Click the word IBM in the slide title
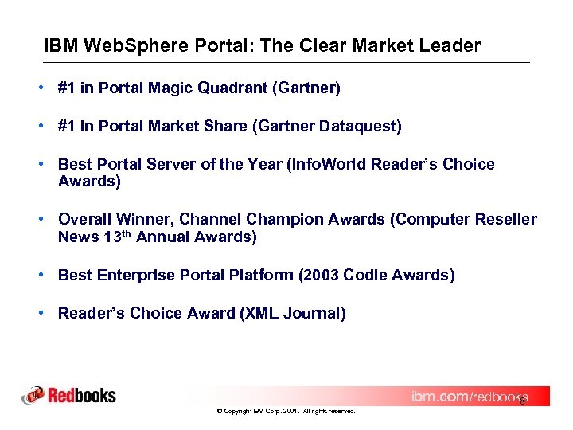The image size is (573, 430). click(59, 45)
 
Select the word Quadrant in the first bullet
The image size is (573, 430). click(236, 88)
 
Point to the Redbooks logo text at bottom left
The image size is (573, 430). click(82, 395)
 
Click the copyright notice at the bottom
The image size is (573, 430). click(286, 411)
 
